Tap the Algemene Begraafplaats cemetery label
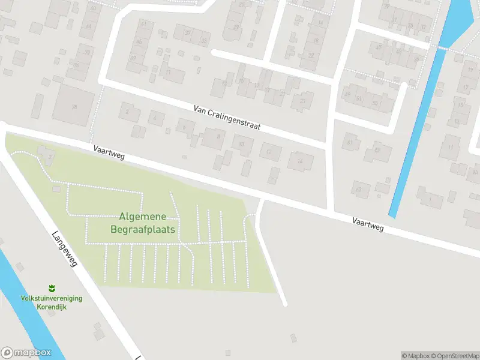[143, 223]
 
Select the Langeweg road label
[65, 250]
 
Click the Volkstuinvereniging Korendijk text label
[52, 302]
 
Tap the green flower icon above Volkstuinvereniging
[52, 289]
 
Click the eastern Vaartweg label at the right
[368, 225]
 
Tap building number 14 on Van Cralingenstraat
[300, 161]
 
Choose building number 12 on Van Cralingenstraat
[270, 152]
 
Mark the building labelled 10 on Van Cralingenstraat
[242, 145]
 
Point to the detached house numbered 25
[302, 101]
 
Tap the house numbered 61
[350, 142]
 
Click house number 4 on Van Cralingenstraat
[155, 118]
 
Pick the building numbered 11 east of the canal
[450, 146]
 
